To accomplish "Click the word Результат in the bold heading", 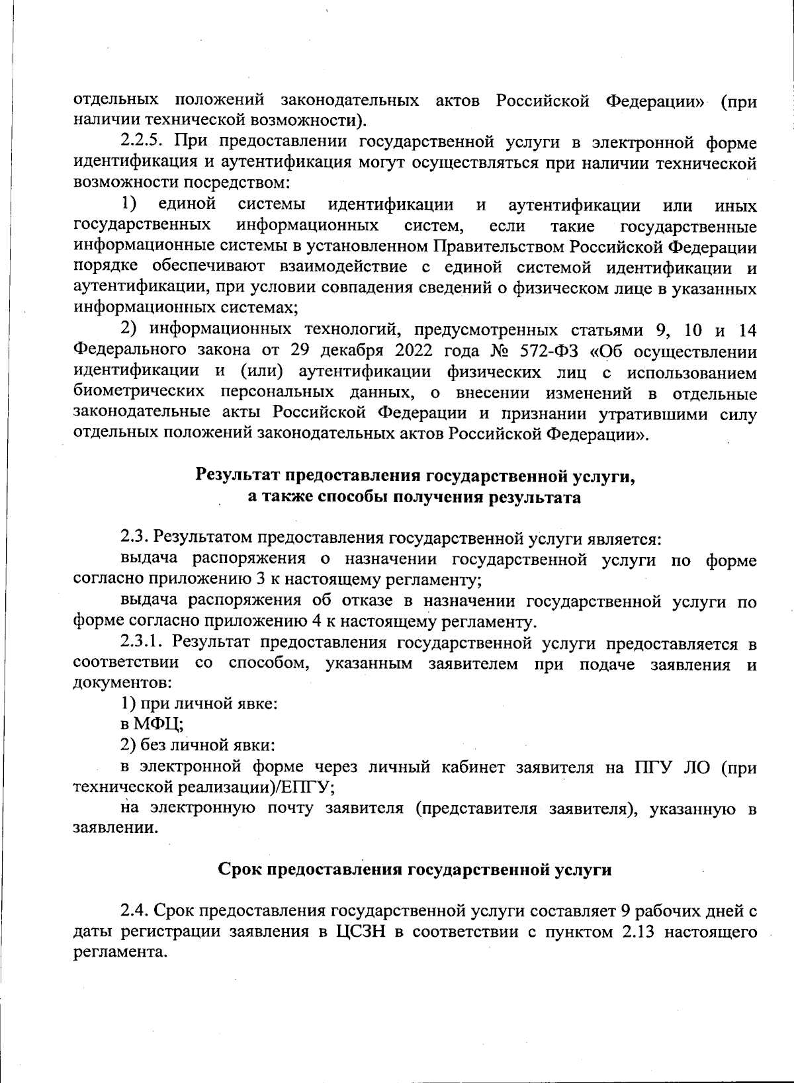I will (240, 476).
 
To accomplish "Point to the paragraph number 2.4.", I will (134, 911).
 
